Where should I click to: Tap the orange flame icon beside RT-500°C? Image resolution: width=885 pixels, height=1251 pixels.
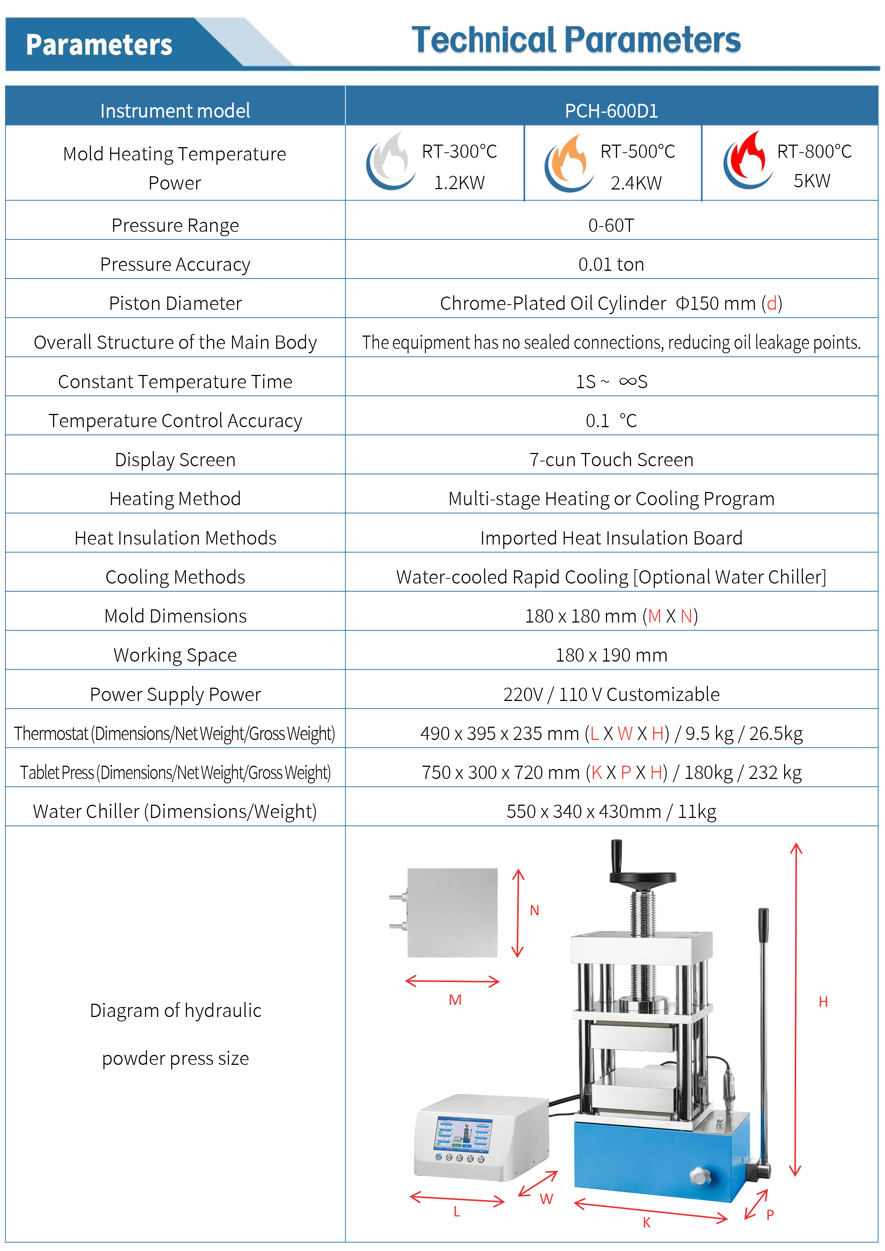coord(569,162)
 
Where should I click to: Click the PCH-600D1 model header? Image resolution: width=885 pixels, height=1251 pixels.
coord(611,111)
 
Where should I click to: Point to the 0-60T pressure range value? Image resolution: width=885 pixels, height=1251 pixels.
coord(611,225)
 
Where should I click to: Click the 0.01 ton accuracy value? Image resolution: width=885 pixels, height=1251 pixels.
coord(611,264)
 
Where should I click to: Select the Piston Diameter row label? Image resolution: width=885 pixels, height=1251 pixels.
coord(175,303)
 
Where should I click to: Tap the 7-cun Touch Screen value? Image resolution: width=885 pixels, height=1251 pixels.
coord(611,459)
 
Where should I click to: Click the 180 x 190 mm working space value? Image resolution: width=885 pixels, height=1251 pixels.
coord(611,655)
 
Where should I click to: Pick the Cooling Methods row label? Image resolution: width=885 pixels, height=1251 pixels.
coord(175,577)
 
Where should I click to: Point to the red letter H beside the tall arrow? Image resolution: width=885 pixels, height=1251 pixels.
coord(823,1002)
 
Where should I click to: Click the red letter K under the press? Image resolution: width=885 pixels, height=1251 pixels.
coord(646,1222)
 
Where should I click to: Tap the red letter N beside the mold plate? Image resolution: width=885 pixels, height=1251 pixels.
coord(535,910)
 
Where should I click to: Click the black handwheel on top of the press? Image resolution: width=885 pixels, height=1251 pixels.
coord(642,877)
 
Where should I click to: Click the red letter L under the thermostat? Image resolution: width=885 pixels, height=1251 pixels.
coord(456,1211)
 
